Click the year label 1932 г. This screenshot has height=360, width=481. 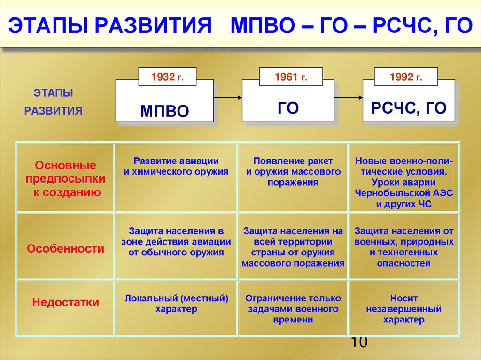click(x=167, y=77)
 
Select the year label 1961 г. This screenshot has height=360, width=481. click(x=291, y=77)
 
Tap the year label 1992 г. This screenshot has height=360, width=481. click(x=406, y=77)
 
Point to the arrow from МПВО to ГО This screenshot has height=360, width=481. click(x=227, y=97)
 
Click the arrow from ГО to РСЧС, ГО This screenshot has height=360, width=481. click(x=349, y=97)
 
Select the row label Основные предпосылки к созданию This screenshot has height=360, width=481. click(x=66, y=179)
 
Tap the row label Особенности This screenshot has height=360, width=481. click(x=66, y=249)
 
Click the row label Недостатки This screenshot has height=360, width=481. click(x=66, y=303)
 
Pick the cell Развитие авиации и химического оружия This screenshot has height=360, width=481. click(x=176, y=166)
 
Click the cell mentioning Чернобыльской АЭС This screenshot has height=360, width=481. click(x=404, y=182)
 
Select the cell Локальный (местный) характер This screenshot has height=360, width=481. click(x=176, y=303)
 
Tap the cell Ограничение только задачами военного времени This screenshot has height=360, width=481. click(x=293, y=309)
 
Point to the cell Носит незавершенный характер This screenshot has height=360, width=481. click(x=404, y=309)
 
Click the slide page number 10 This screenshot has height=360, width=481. click(x=358, y=342)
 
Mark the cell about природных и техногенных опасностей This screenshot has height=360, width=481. click(x=404, y=247)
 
